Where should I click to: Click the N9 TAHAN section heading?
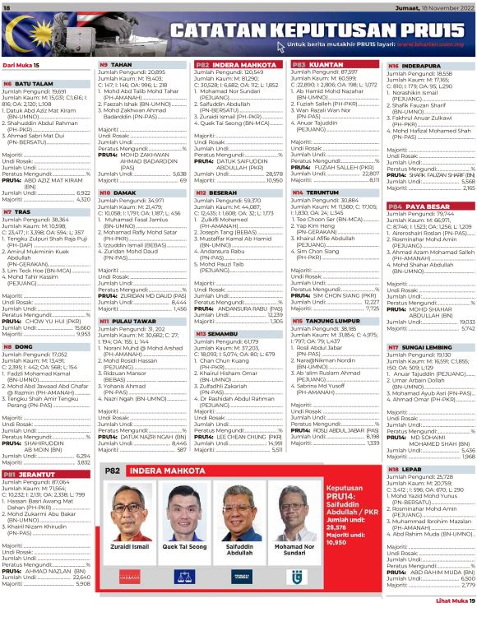116,64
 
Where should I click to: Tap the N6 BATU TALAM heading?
29,83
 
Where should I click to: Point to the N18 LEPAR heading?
405,469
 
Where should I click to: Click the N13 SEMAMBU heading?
217,334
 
